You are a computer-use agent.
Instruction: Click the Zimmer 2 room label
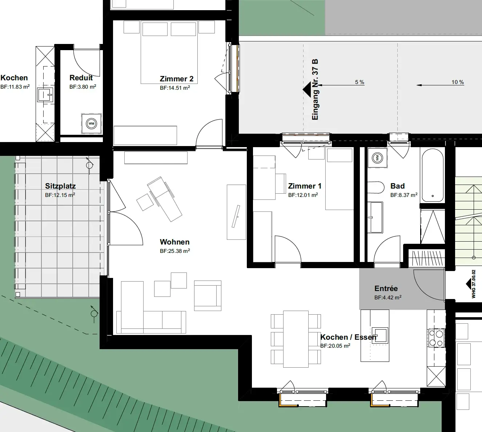click(x=177, y=79)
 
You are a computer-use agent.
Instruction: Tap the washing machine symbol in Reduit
click(x=91, y=124)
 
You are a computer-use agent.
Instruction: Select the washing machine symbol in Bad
click(x=377, y=158)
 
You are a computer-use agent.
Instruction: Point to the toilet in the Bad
click(x=376, y=188)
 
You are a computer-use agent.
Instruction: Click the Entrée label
click(x=386, y=288)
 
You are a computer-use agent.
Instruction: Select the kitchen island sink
click(x=380, y=335)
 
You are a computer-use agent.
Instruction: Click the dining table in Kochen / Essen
click(x=296, y=339)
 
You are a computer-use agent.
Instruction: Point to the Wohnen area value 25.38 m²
click(x=175, y=251)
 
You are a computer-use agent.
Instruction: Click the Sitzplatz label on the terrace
click(x=60, y=186)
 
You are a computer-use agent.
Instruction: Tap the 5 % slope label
click(x=360, y=82)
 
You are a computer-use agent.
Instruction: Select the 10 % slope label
click(x=458, y=82)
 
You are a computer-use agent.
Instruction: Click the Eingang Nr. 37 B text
click(x=315, y=90)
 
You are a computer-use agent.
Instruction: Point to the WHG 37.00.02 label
click(x=473, y=284)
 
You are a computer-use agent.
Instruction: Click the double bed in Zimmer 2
click(x=169, y=52)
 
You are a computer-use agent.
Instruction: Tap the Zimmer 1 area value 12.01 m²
click(x=303, y=195)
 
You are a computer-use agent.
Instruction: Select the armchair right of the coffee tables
click(x=208, y=295)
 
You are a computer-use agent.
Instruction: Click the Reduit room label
click(x=81, y=77)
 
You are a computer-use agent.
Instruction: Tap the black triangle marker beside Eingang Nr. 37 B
click(x=307, y=90)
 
